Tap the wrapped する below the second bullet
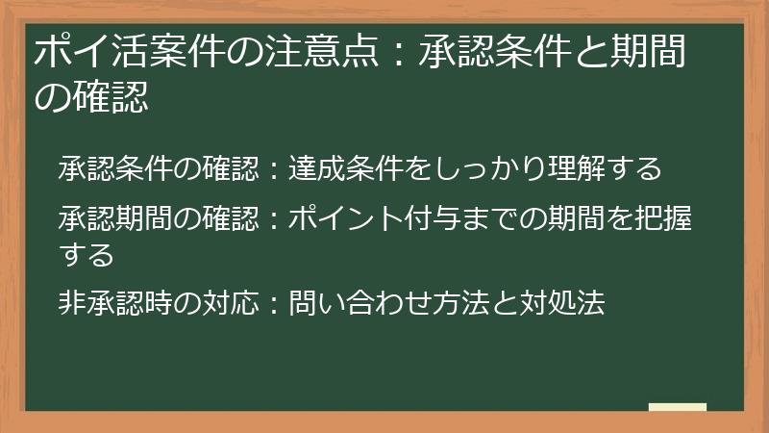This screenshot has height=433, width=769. pyautogui.click(x=87, y=254)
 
